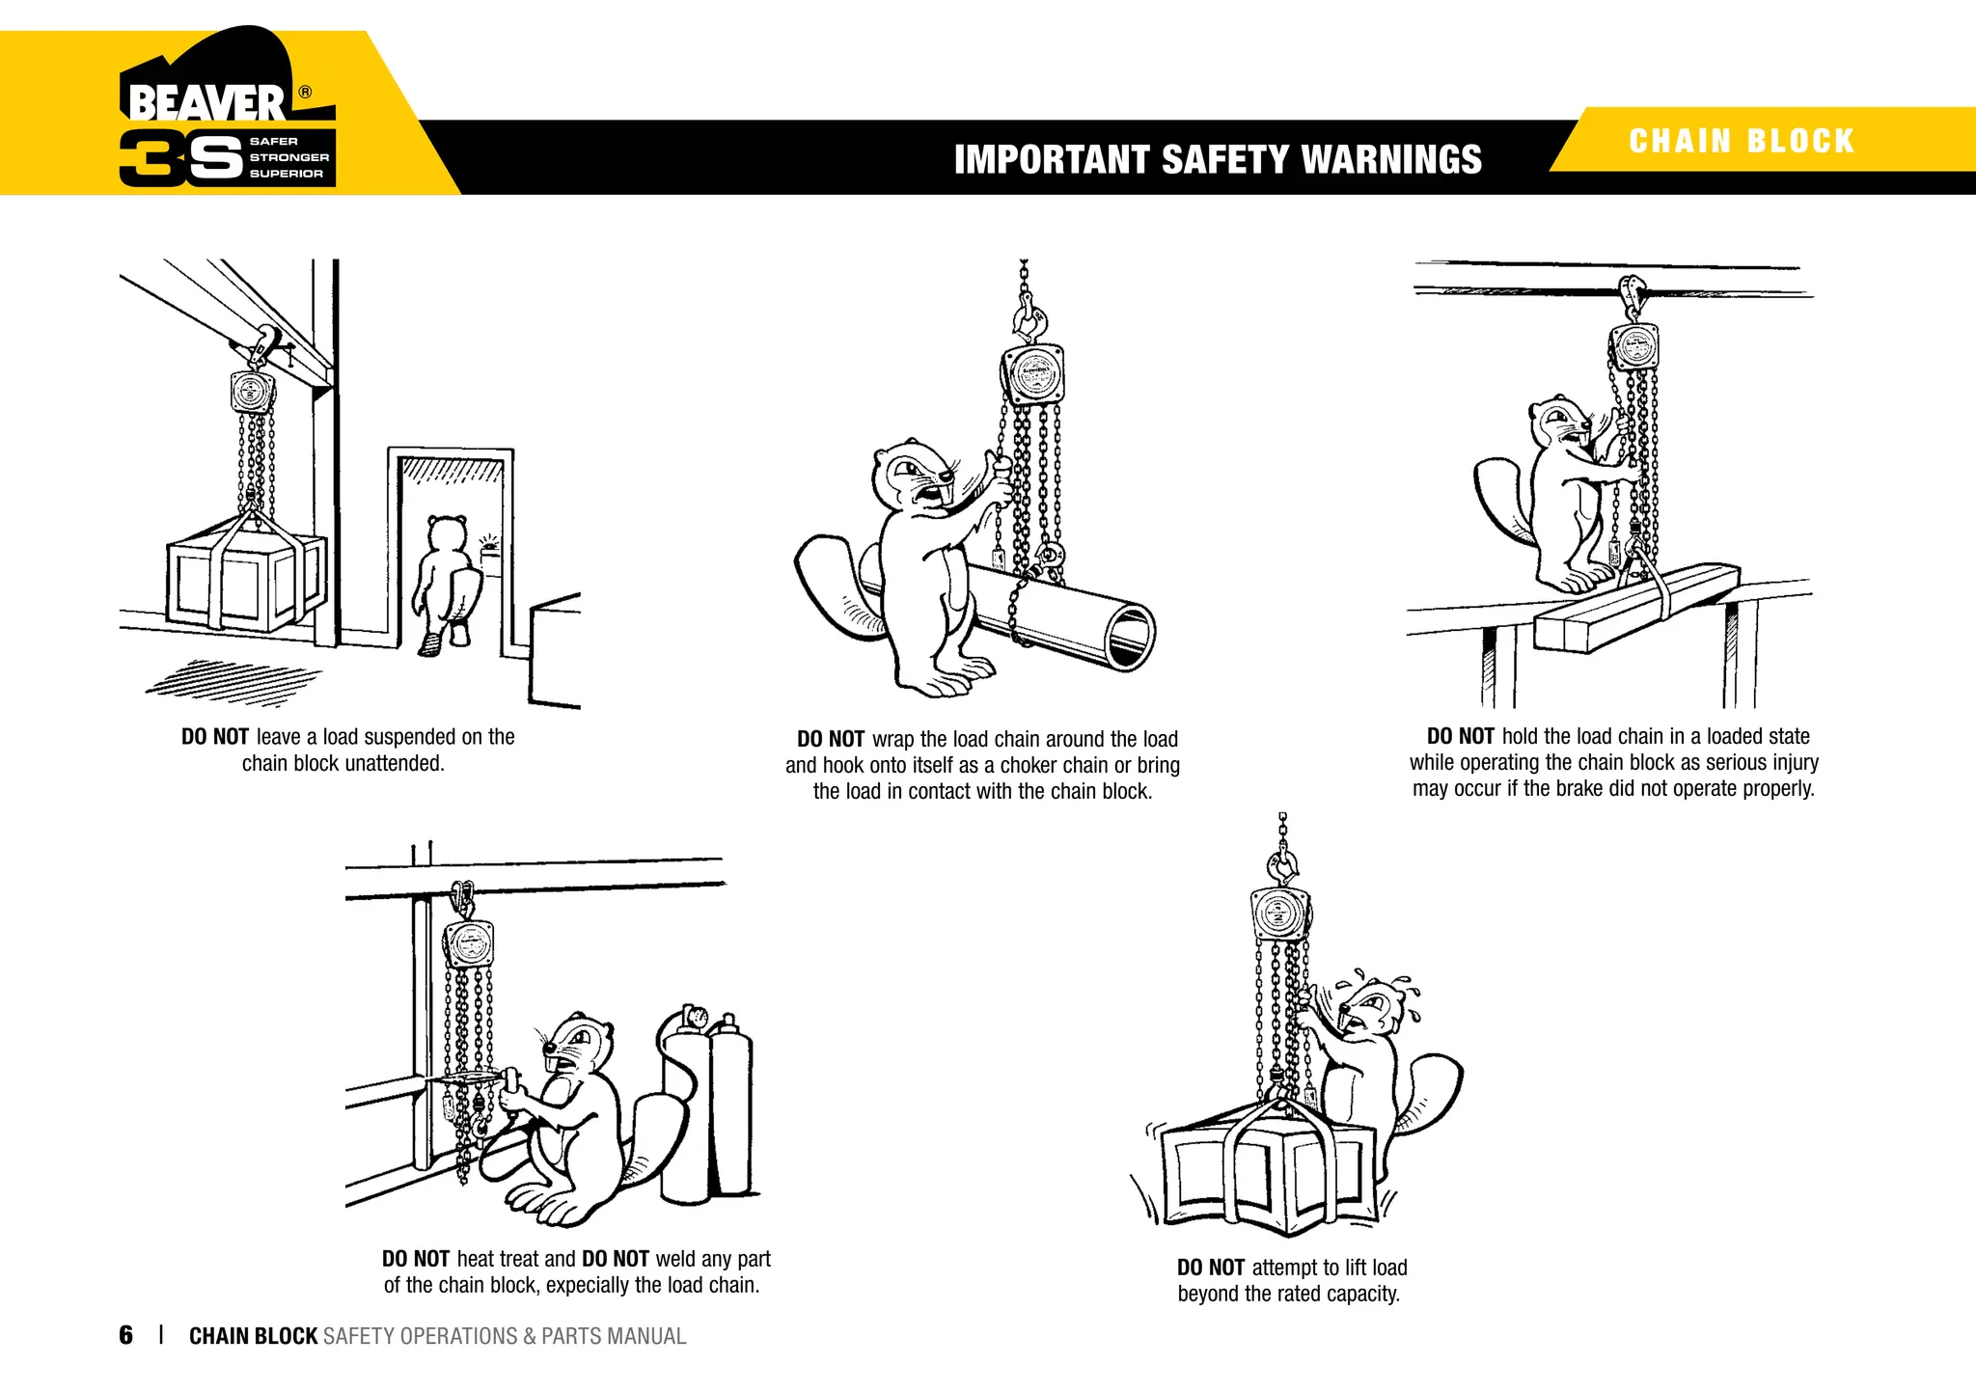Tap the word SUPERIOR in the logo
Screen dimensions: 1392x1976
[286, 174]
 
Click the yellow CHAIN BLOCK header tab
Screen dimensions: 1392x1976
[1742, 141]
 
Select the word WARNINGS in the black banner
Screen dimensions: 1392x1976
[1391, 159]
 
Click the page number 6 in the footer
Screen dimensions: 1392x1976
[125, 1335]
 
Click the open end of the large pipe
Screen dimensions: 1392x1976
[1130, 636]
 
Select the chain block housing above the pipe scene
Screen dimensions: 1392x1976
[1033, 373]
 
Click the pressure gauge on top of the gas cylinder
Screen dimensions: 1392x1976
[694, 1016]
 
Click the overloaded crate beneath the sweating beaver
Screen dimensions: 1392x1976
[1269, 1177]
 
